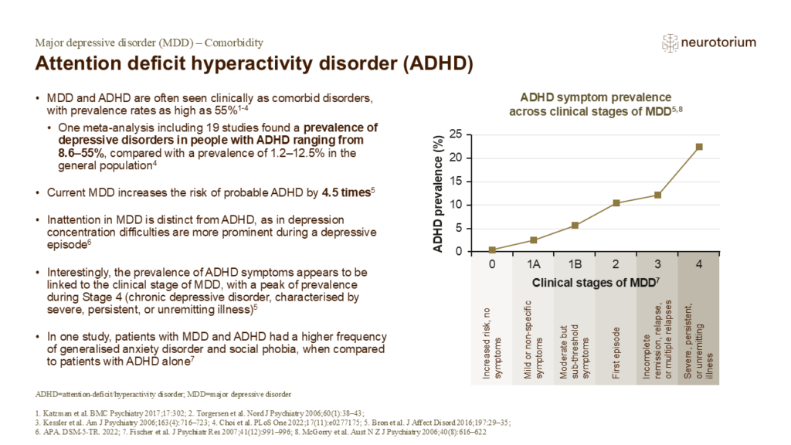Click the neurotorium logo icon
(672, 42)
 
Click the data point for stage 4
(698, 147)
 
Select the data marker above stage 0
(492, 250)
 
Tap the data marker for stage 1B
(575, 225)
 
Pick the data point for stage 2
(616, 203)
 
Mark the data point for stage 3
(657, 195)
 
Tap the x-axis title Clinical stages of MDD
(596, 284)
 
